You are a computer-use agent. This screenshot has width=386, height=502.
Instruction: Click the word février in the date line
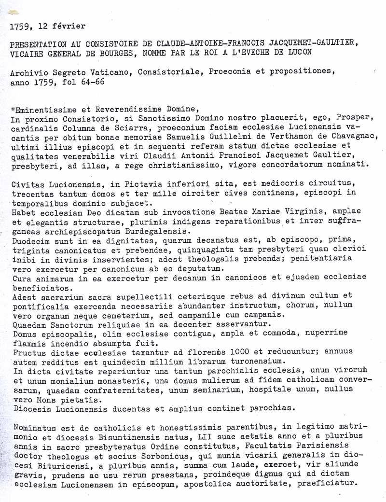click(71, 26)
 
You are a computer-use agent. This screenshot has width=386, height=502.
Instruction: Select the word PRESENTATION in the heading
click(35, 44)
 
